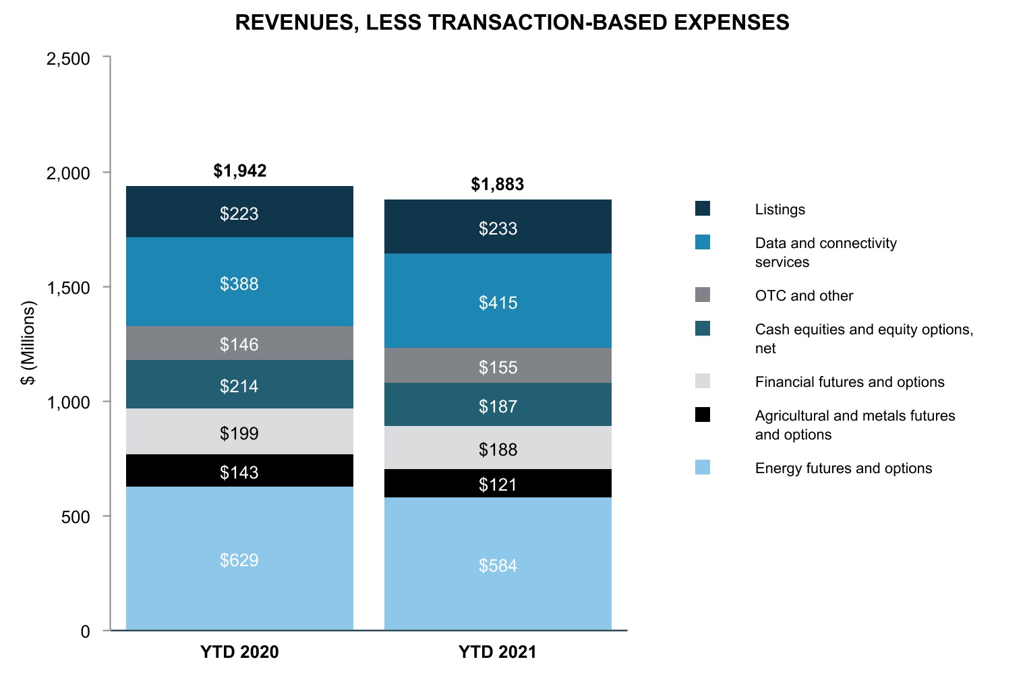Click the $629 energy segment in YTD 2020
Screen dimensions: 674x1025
point(239,559)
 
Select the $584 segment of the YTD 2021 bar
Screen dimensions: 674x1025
point(498,565)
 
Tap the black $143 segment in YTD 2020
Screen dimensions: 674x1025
point(239,472)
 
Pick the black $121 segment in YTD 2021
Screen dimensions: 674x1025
point(498,484)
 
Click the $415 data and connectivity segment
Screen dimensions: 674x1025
point(498,302)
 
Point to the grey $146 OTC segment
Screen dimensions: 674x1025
point(239,344)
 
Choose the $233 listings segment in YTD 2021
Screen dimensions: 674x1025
point(498,228)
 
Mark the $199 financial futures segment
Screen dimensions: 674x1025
point(239,433)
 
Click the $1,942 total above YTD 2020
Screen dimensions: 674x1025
point(240,171)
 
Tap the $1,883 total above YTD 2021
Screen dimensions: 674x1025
point(498,184)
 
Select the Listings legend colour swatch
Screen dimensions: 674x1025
point(703,208)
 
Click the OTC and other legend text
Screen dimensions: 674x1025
point(804,296)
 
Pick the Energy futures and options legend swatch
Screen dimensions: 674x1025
point(703,467)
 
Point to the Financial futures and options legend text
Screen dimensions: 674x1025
point(850,382)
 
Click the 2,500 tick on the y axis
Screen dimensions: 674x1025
point(68,59)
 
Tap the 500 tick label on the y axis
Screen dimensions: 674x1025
point(76,517)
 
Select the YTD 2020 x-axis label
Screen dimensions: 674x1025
point(239,652)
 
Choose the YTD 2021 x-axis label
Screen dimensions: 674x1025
point(498,652)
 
